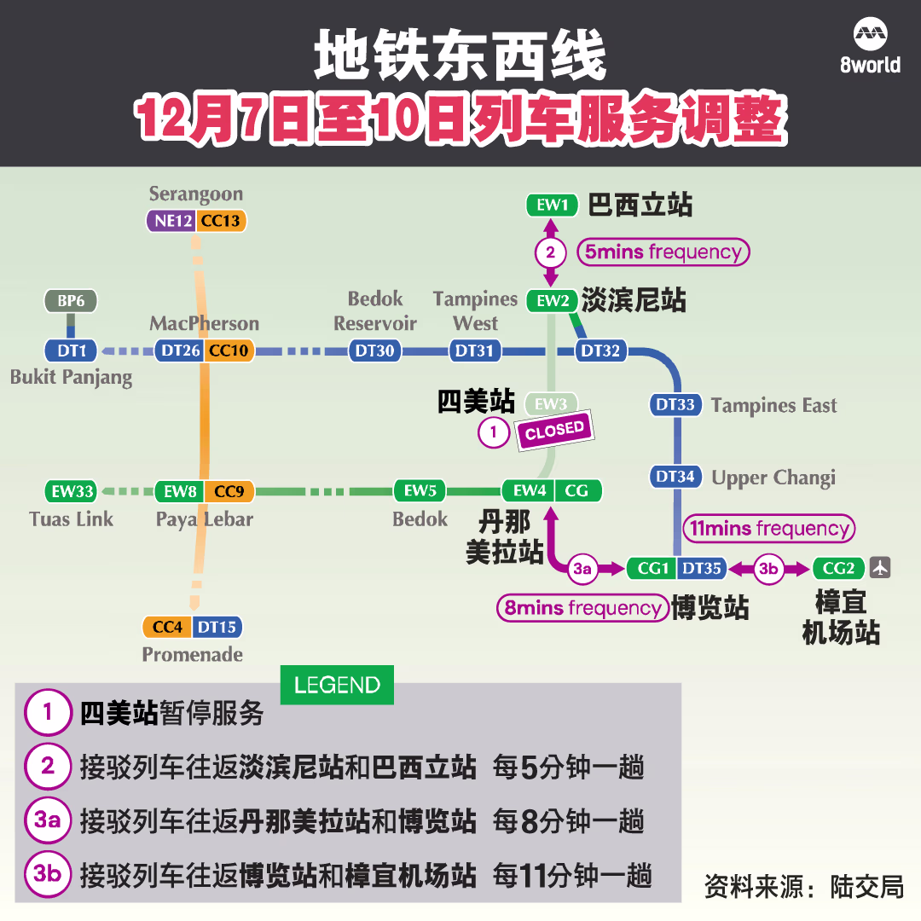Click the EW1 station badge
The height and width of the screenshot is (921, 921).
tap(552, 205)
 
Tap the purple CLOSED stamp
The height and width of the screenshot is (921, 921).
tap(555, 431)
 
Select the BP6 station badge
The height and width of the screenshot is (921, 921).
tap(71, 301)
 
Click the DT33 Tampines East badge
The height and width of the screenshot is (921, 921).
tap(675, 405)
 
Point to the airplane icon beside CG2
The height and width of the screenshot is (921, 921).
tap(880, 568)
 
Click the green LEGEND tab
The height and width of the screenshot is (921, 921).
tap(337, 685)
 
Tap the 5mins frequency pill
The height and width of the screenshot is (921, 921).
tap(663, 252)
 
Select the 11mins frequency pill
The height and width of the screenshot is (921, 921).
tap(769, 528)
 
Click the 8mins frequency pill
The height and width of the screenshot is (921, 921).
tap(582, 608)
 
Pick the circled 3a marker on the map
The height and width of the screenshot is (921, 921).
tap(582, 569)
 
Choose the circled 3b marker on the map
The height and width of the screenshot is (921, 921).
tap(769, 569)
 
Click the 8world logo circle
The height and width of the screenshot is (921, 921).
tap(871, 35)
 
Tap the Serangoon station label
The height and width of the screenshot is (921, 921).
tap(195, 194)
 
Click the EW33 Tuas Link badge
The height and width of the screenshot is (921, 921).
tap(72, 491)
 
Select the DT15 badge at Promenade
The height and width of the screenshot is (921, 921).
tap(217, 627)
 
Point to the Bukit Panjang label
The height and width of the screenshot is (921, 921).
tap(71, 377)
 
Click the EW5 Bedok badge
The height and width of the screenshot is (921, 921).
tap(420, 491)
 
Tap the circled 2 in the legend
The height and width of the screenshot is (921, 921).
tap(48, 766)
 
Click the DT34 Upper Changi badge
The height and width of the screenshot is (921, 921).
tap(675, 477)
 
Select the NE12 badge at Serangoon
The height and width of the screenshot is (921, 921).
tap(171, 221)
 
